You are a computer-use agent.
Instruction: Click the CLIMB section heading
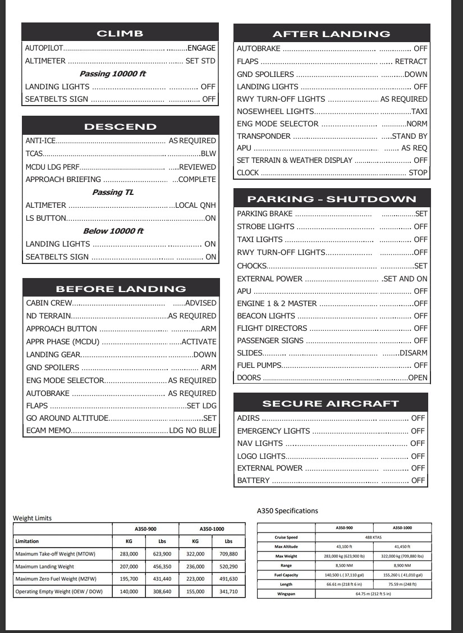coord(120,33)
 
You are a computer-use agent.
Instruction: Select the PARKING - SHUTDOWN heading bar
coord(332,199)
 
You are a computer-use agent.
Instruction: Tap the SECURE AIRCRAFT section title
coord(331,403)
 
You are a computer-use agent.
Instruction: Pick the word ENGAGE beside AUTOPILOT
coord(201,48)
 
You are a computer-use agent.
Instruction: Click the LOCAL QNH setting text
coord(195,205)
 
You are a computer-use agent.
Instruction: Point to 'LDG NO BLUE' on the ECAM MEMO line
coord(192,431)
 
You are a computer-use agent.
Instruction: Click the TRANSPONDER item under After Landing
coord(264,136)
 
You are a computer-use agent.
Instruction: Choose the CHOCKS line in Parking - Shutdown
coord(251,266)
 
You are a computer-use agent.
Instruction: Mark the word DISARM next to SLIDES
coord(413,353)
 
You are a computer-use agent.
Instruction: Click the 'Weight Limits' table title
coord(32,518)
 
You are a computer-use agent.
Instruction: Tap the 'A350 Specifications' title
coord(287,511)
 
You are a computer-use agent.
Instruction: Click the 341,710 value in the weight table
coord(228,591)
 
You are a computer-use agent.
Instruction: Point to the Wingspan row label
coord(286,594)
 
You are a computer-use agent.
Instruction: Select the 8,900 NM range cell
coord(403,565)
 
